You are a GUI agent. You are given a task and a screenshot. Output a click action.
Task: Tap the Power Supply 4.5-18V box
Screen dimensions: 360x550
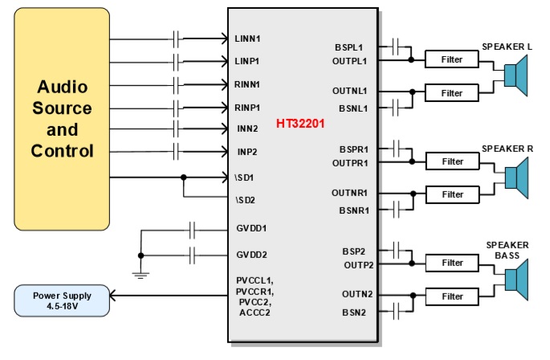pyautogui.click(x=62, y=301)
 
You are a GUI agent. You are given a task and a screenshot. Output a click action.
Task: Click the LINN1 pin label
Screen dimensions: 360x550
pyautogui.click(x=248, y=38)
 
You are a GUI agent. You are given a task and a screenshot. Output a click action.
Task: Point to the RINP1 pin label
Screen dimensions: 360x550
pyautogui.click(x=248, y=106)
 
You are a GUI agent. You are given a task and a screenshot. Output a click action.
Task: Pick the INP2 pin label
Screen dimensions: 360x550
pyautogui.click(x=246, y=151)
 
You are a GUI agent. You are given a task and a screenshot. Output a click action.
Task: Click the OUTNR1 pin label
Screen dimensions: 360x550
pyautogui.click(x=350, y=194)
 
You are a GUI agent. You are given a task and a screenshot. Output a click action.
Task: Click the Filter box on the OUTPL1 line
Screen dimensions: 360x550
pyautogui.click(x=452, y=59)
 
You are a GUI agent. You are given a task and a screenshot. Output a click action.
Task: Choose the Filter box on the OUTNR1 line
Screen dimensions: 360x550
pyautogui.click(x=452, y=194)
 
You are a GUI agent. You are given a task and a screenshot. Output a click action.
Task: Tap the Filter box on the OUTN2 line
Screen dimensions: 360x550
pyautogui.click(x=452, y=296)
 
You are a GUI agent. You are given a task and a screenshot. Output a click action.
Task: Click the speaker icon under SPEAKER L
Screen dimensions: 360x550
pyautogui.click(x=513, y=76)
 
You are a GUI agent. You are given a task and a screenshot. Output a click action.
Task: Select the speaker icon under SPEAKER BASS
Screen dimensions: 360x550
pyautogui.click(x=513, y=280)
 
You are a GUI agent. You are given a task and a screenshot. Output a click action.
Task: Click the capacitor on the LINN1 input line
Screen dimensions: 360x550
pyautogui.click(x=176, y=38)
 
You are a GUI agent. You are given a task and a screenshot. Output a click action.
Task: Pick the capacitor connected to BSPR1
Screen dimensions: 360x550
pyautogui.click(x=396, y=148)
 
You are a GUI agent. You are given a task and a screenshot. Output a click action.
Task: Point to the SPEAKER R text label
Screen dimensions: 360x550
pyautogui.click(x=507, y=149)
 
